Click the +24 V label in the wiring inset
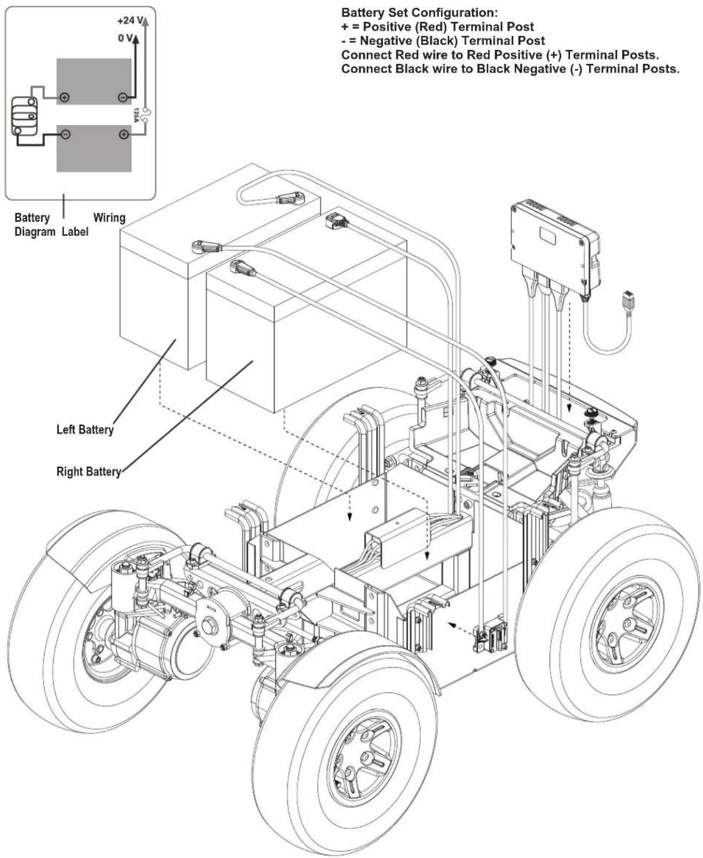click(130, 20)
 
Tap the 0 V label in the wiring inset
click(125, 38)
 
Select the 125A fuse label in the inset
click(136, 115)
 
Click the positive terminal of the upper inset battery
click(65, 97)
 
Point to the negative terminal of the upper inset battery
click(123, 97)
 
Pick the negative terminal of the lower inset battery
click(66, 134)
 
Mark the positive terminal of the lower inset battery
click(124, 134)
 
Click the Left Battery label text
click(85, 430)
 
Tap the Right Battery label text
click(89, 471)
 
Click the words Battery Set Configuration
click(419, 13)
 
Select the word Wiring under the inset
click(109, 218)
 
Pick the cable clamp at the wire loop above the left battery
click(289, 199)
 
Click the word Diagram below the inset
click(35, 232)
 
